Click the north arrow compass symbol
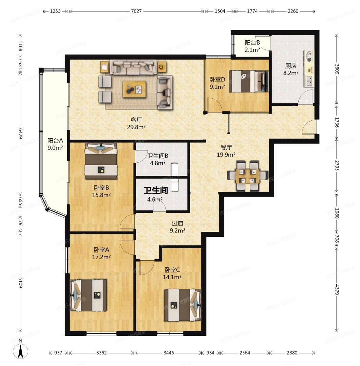[x=20, y=349]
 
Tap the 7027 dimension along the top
[x=136, y=11]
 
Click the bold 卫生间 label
[x=156, y=190]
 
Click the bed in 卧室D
[x=248, y=81]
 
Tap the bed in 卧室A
[x=89, y=295]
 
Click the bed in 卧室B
[x=101, y=161]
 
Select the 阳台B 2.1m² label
[x=252, y=46]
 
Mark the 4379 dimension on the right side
[x=336, y=289]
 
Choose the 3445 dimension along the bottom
[x=168, y=353]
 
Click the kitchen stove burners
[x=310, y=57]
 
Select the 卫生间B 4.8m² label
[x=157, y=159]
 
